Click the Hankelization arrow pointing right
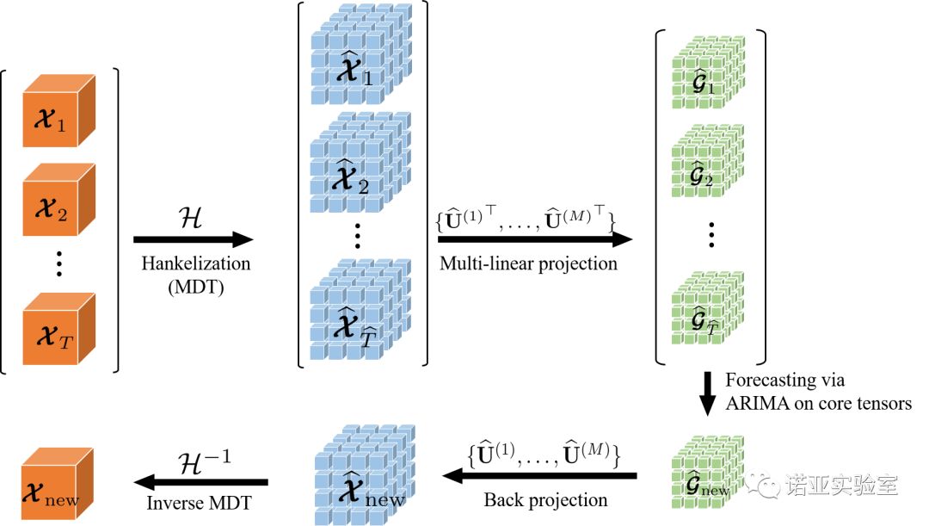[x=194, y=239]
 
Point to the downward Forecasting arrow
[x=706, y=395]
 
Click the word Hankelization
[x=194, y=263]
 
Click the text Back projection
[x=545, y=499]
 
